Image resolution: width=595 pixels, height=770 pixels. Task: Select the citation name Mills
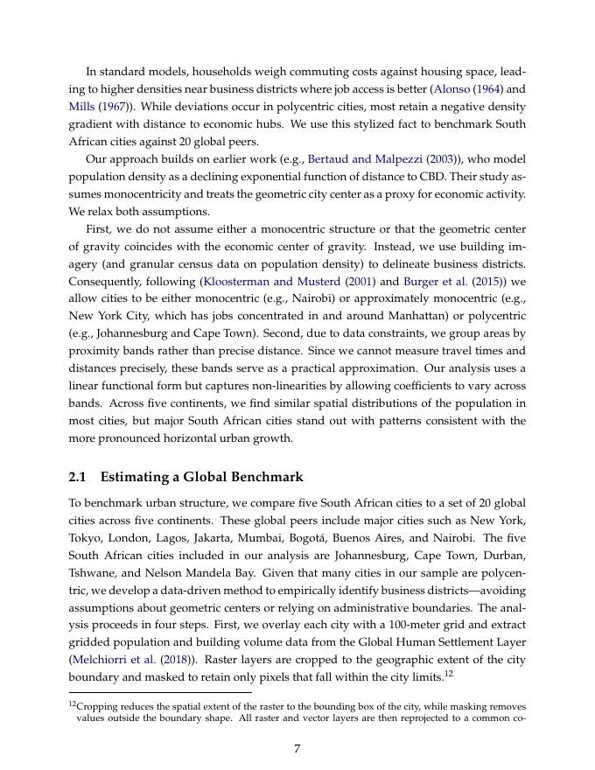[x=82, y=107]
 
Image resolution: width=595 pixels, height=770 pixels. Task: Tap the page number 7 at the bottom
[x=297, y=747]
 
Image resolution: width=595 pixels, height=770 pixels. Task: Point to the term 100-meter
[x=404, y=624]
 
